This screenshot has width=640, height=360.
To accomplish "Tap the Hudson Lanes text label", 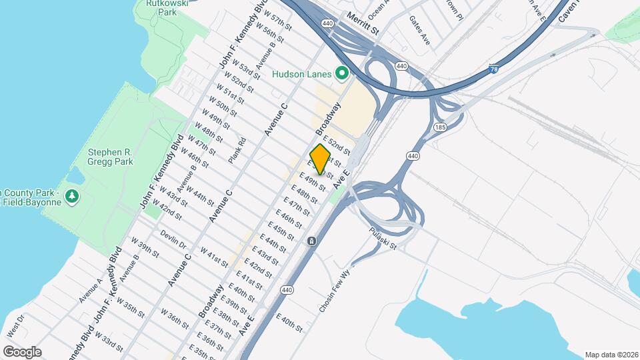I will pos(303,74).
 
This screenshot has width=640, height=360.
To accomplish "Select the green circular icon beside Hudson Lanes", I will pos(343,73).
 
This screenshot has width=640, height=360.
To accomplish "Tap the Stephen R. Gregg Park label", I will pos(111,157).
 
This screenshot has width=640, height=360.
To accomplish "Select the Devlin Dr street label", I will pos(173,240).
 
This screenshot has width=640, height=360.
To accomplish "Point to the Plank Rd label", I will pos(237,150).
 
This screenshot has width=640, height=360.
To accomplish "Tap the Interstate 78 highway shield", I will pos(493,68).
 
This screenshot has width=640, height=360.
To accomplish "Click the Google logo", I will pos(21,351).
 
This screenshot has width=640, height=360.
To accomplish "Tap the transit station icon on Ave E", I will pos(311,241).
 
